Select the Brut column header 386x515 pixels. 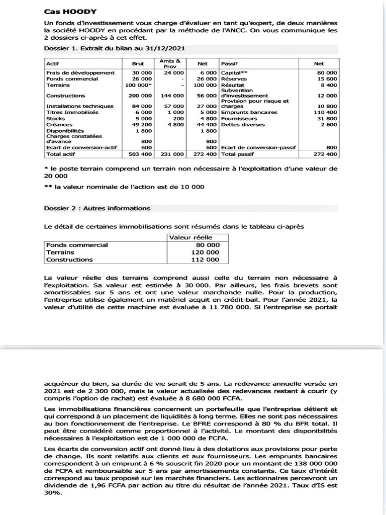[x=138, y=64]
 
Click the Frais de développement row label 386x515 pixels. [x=80, y=73]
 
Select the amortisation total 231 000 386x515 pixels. [x=172, y=154]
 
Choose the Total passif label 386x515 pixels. [x=239, y=154]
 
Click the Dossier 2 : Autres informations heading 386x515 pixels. [x=97, y=208]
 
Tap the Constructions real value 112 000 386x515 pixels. [x=206, y=260]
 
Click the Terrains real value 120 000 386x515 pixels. [x=206, y=252]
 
